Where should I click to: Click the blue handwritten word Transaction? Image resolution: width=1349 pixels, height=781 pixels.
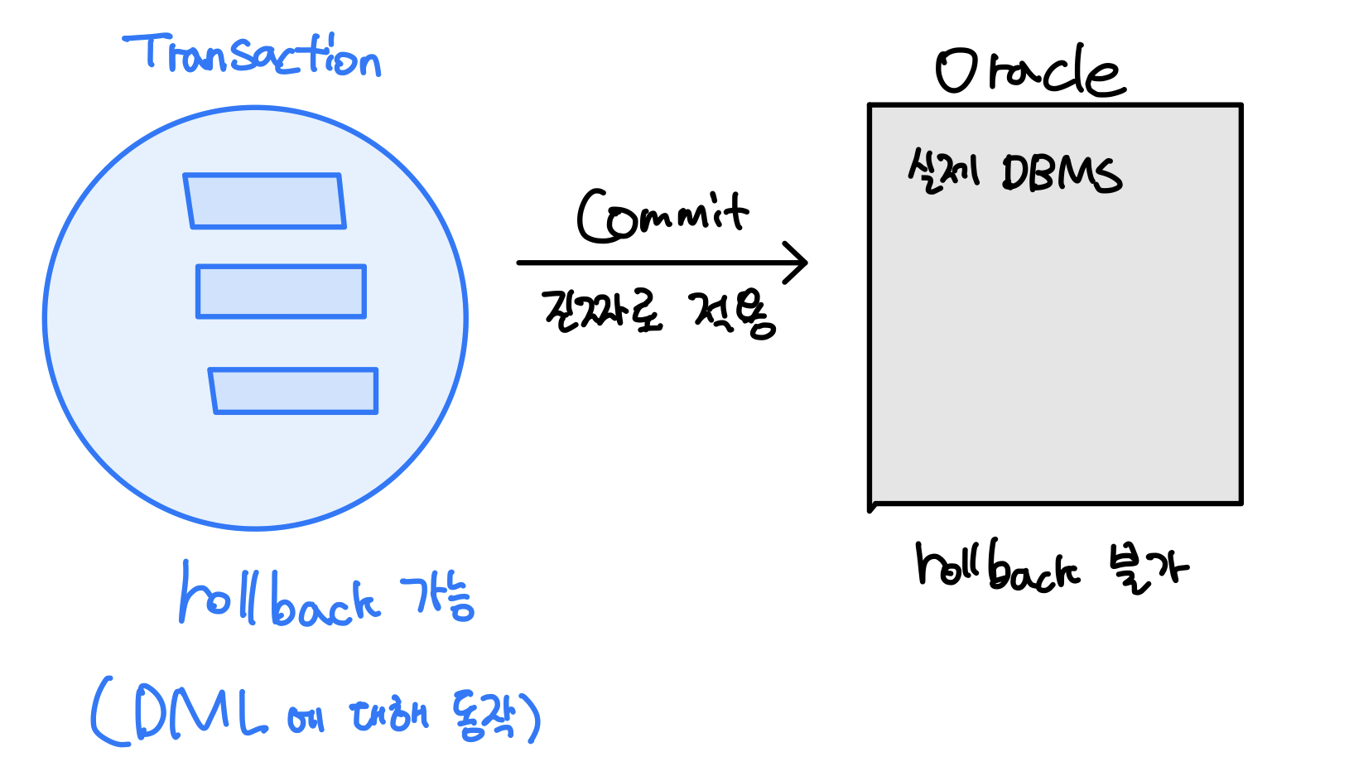[253, 55]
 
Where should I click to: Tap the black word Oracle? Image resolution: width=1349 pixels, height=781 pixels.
[1030, 71]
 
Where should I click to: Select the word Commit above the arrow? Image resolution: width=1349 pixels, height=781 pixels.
[662, 215]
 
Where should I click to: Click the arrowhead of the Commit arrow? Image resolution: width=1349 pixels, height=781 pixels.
[797, 263]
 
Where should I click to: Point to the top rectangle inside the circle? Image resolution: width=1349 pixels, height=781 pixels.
[264, 200]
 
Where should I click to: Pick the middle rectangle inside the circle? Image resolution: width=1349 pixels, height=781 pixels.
[281, 292]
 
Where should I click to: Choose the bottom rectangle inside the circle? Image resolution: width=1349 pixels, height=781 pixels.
[294, 391]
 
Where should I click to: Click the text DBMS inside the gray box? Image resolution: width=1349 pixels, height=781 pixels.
[1062, 173]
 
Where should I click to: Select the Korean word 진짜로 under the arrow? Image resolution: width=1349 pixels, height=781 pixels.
[602, 311]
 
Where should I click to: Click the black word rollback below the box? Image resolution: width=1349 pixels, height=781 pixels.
[997, 566]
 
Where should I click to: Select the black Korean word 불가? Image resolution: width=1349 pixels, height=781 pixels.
[1148, 568]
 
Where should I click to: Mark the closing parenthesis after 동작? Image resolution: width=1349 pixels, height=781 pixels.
[532, 717]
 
